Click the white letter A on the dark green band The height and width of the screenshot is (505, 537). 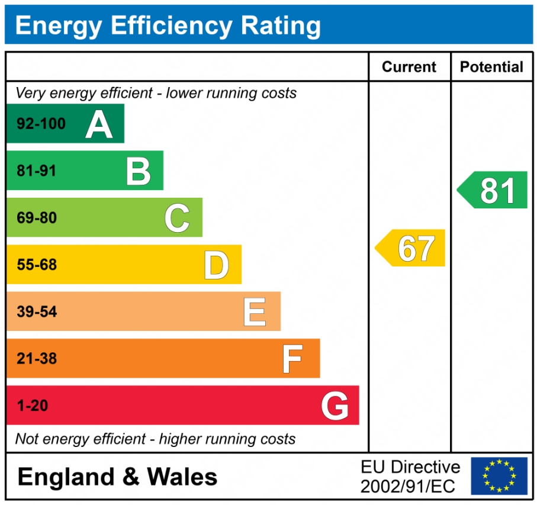click(x=99, y=124)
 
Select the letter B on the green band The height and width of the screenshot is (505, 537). click(x=139, y=171)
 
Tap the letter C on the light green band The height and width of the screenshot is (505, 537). click(x=177, y=218)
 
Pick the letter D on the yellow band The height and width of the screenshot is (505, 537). click(x=216, y=265)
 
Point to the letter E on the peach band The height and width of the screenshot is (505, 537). click(x=255, y=312)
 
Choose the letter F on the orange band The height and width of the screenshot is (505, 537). click(x=292, y=359)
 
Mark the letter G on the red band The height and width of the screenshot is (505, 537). click(x=335, y=406)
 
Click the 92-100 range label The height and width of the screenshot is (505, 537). click(x=41, y=124)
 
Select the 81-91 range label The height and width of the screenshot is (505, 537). click(x=37, y=171)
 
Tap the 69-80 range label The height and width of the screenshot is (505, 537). click(x=37, y=218)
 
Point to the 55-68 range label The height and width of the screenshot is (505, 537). click(x=37, y=265)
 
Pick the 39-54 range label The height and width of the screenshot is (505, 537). click(x=37, y=312)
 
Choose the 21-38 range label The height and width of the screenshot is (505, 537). click(x=37, y=359)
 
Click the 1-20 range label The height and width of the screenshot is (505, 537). click(x=32, y=406)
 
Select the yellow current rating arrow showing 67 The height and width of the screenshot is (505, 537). click(x=411, y=248)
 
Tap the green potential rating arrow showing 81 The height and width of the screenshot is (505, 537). click(x=493, y=190)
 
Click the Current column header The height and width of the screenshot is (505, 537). click(x=409, y=67)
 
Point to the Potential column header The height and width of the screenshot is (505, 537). click(x=491, y=67)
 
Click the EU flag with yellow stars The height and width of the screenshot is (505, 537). click(x=499, y=476)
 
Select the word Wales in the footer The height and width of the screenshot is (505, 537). click(x=182, y=477)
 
